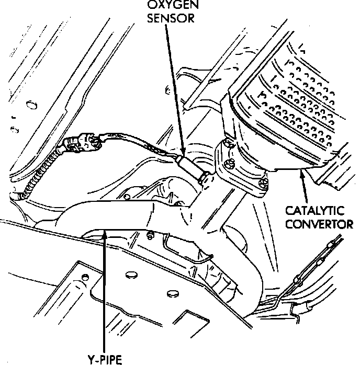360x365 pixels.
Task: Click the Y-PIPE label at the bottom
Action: [x=105, y=359]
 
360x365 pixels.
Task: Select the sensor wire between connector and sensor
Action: [x=141, y=147]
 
